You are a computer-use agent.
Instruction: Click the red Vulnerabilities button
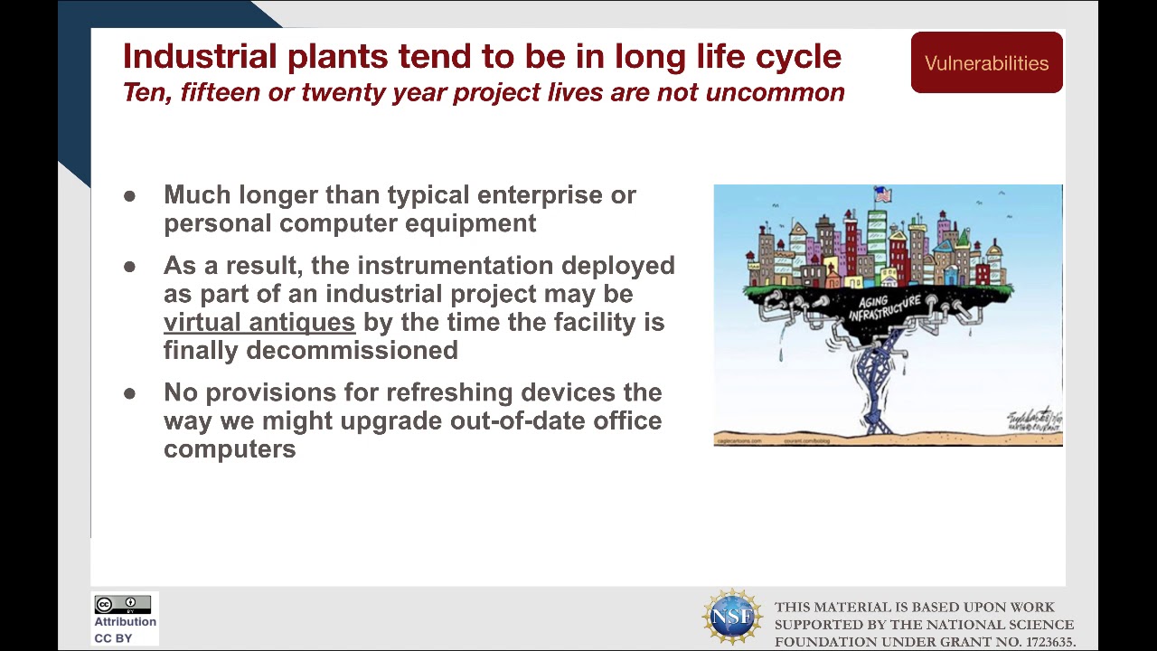[986, 62]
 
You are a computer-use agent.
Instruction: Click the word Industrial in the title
[201, 56]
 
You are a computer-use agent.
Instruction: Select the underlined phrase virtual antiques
[259, 323]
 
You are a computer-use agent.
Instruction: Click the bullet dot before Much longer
[130, 196]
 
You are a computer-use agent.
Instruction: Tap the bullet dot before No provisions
[130, 393]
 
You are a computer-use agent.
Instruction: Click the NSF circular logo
[731, 617]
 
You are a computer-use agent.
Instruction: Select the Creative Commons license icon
[123, 605]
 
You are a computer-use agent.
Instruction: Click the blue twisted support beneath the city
[874, 380]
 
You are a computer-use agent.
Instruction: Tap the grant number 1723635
[1049, 642]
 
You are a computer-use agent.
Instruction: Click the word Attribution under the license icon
[125, 622]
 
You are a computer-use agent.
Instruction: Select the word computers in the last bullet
[230, 449]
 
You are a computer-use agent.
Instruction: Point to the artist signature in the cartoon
[1033, 420]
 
